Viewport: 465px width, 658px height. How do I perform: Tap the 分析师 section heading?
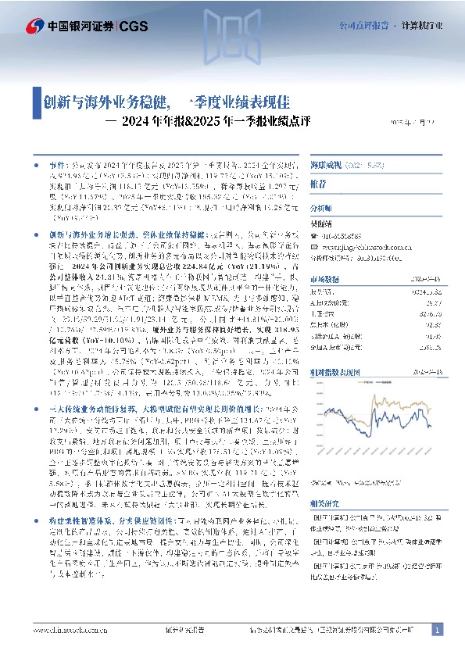[x=321, y=209]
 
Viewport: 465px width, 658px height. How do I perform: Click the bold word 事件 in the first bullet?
[x=57, y=166]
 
